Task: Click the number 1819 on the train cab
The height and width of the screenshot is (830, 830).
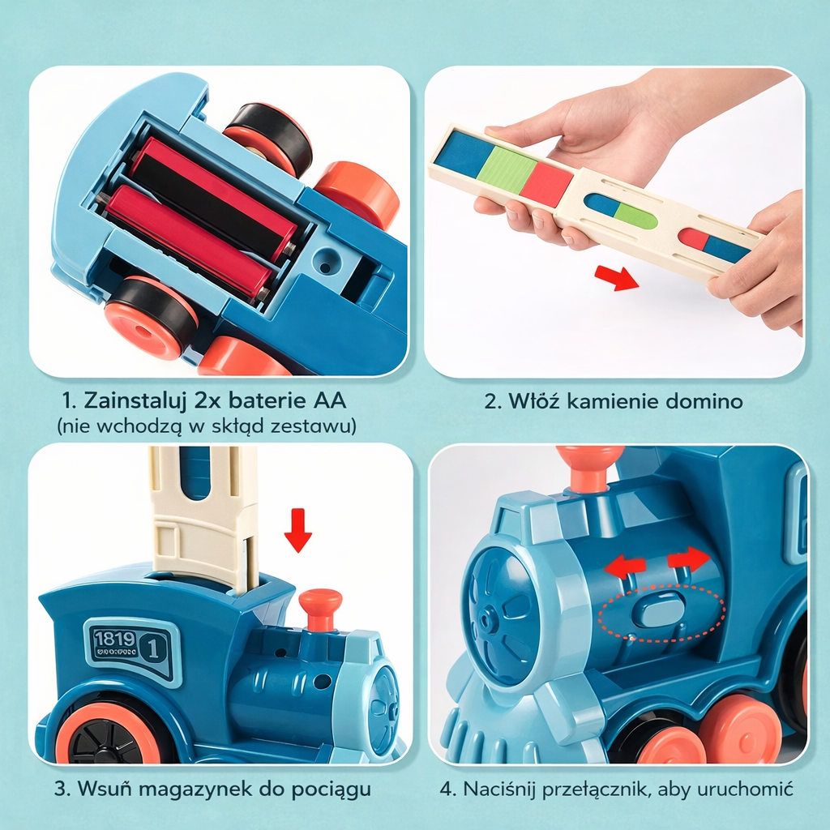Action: pyautogui.click(x=115, y=639)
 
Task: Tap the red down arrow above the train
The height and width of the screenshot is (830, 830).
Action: pyautogui.click(x=298, y=530)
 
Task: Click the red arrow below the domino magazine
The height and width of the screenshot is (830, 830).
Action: pyautogui.click(x=617, y=278)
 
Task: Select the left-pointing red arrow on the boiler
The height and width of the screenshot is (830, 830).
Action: pyautogui.click(x=625, y=567)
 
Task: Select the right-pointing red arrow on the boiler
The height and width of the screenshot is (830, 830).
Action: pyautogui.click(x=689, y=558)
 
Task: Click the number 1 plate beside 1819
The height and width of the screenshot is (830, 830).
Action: pyautogui.click(x=154, y=648)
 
